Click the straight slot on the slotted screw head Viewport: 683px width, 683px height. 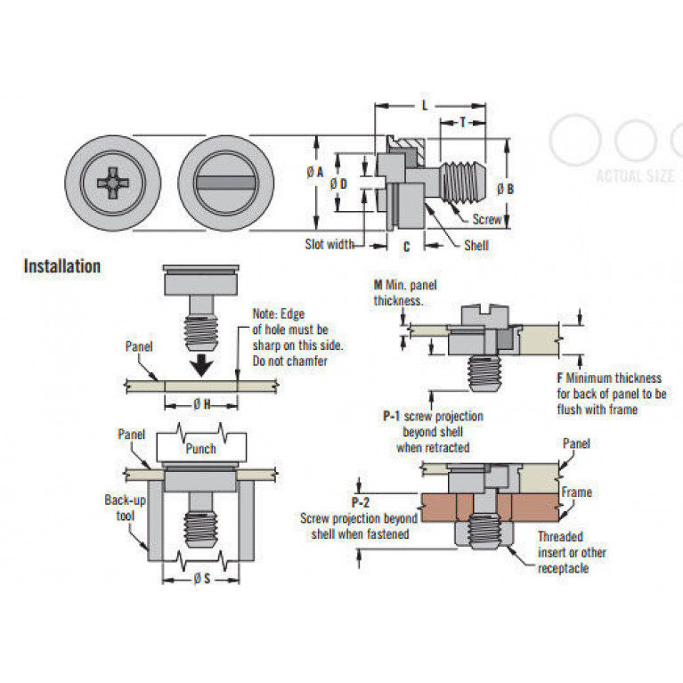pyautogui.click(x=225, y=183)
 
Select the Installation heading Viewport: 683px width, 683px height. pyautogui.click(x=61, y=266)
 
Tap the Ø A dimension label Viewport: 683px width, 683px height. pyautogui.click(x=315, y=173)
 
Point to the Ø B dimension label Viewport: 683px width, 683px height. pyautogui.click(x=505, y=189)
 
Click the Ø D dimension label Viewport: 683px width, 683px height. pyautogui.click(x=338, y=184)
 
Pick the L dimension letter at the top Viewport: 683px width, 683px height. pyautogui.click(x=425, y=105)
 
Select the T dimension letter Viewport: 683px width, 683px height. pyautogui.click(x=462, y=122)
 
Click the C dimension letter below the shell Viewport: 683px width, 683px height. pyautogui.click(x=406, y=247)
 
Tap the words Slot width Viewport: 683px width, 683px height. pyautogui.click(x=329, y=244)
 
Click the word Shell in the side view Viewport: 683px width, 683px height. pyautogui.click(x=476, y=246)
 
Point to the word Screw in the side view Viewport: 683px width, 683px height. pyautogui.click(x=487, y=219)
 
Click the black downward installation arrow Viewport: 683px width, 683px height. pyautogui.click(x=201, y=365)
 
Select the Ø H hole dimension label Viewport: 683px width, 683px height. pyautogui.click(x=201, y=404)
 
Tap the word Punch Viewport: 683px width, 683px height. pyautogui.click(x=201, y=449)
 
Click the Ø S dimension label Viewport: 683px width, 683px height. pyautogui.click(x=201, y=579)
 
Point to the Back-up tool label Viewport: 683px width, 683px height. pyautogui.click(x=125, y=508)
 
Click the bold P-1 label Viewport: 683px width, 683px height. pyautogui.click(x=391, y=417)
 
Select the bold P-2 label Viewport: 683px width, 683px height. pyautogui.click(x=361, y=502)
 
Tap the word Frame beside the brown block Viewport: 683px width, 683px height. pyautogui.click(x=577, y=492)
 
